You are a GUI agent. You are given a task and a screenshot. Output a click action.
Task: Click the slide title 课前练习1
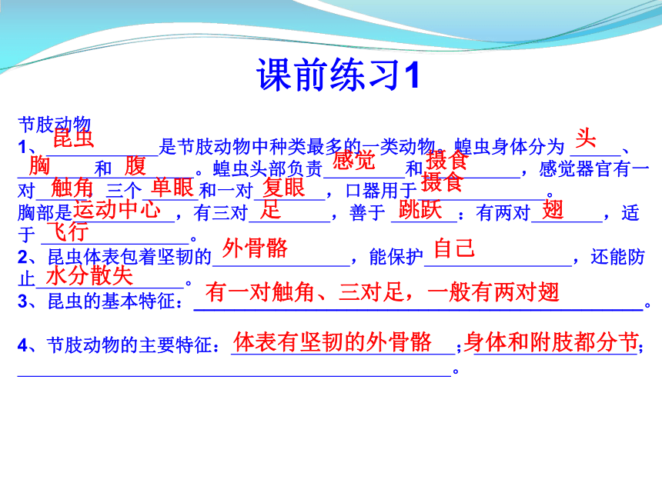[338, 75]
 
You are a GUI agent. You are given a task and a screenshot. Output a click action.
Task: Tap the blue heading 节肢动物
[55, 125]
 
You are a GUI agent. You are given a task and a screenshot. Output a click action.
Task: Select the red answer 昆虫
[73, 138]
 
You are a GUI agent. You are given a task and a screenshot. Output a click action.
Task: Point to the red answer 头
[586, 138]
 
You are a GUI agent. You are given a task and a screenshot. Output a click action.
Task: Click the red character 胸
[39, 165]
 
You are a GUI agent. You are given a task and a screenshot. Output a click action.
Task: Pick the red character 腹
[135, 166]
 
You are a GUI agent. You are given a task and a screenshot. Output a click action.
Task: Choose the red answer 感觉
[354, 160]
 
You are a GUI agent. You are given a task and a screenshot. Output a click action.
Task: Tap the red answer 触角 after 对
[72, 188]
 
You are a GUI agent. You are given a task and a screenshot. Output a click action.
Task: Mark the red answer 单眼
[172, 188]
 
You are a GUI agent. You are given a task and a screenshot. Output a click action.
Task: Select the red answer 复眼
[284, 188]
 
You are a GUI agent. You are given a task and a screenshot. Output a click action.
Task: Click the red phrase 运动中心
[117, 209]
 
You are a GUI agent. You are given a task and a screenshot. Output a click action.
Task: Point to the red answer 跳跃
[420, 210]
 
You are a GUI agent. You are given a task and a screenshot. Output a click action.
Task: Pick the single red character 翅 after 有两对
[553, 210]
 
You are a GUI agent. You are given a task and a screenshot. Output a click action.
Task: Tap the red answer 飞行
[68, 231]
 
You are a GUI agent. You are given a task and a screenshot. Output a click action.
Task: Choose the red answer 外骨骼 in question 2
[255, 248]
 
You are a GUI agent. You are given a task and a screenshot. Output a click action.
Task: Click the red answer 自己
[454, 248]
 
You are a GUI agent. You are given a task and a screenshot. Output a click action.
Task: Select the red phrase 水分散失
[89, 276]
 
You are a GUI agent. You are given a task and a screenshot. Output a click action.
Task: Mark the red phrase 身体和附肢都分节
[550, 342]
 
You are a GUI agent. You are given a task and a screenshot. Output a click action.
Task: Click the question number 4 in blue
[22, 345]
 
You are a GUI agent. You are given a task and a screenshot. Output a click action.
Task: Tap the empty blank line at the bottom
[235, 376]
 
